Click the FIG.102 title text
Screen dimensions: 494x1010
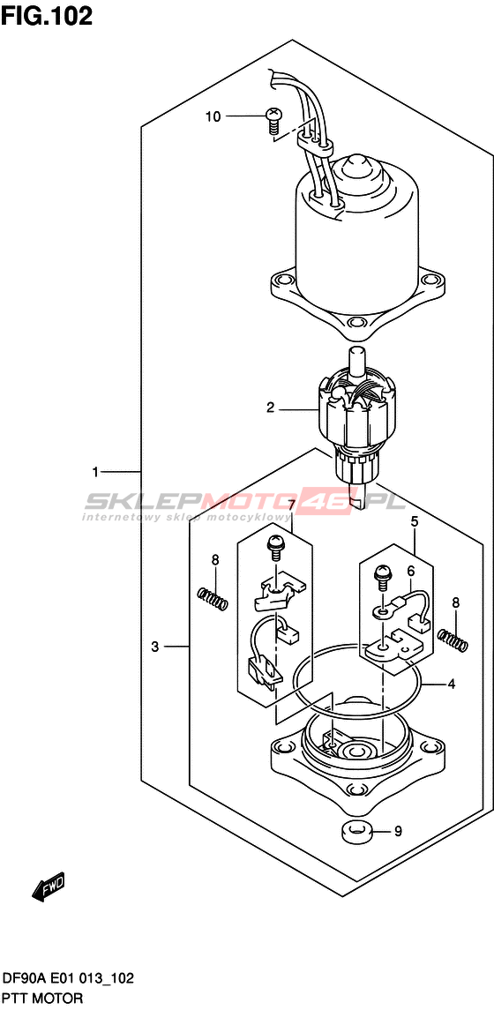pyautogui.click(x=47, y=16)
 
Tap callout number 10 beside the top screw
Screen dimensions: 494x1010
pyautogui.click(x=213, y=116)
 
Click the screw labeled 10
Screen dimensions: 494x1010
pyautogui.click(x=273, y=121)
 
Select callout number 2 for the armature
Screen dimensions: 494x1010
pyautogui.click(x=271, y=408)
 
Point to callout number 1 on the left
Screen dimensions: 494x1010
pyautogui.click(x=95, y=472)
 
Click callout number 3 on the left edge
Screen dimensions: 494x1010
pyautogui.click(x=154, y=647)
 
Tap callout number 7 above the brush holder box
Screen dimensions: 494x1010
pyautogui.click(x=291, y=505)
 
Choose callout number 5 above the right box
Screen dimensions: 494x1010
pyautogui.click(x=415, y=521)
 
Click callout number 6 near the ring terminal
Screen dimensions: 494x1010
pyautogui.click(x=409, y=570)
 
